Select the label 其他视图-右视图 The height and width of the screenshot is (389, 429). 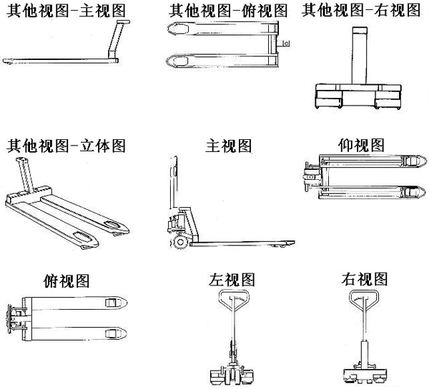tap(361, 11)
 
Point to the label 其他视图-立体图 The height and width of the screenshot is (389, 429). tap(66, 146)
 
